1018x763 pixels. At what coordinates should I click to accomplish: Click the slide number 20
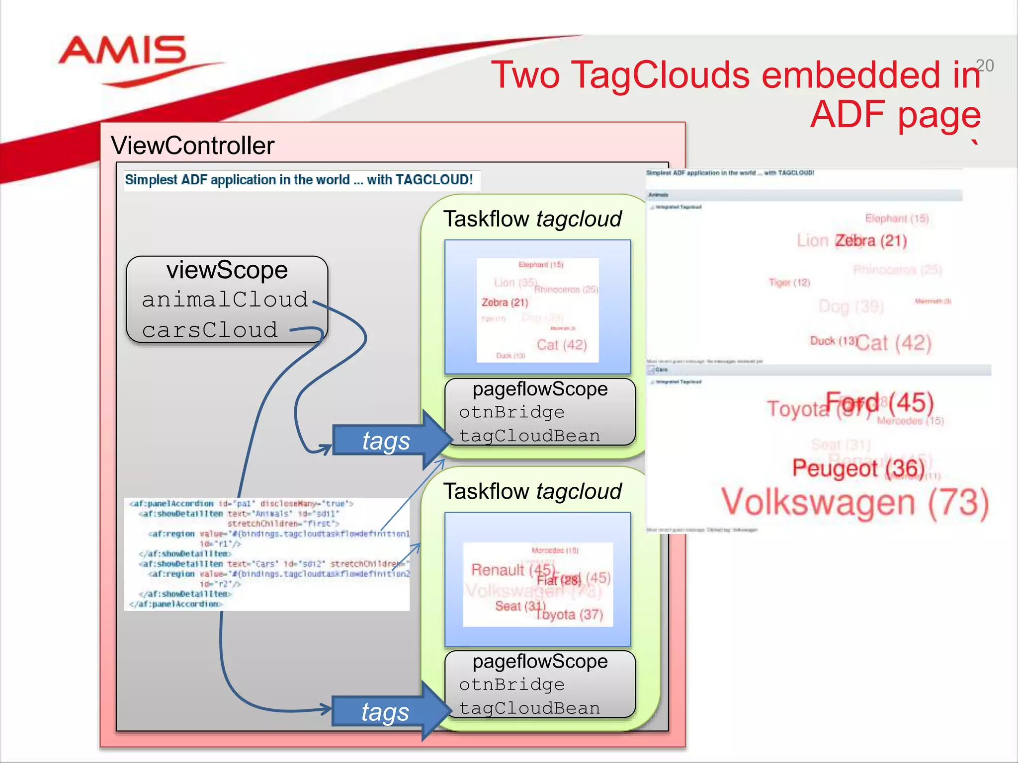pyautogui.click(x=984, y=66)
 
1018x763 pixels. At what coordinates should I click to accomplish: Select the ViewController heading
pyautogui.click(x=192, y=146)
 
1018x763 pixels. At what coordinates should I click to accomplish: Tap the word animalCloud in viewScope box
pyautogui.click(x=225, y=300)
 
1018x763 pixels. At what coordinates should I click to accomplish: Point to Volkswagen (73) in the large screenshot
pyautogui.click(x=855, y=503)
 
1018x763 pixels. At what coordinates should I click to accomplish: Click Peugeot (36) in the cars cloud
pyautogui.click(x=858, y=468)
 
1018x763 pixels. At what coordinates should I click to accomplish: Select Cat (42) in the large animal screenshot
pyautogui.click(x=894, y=343)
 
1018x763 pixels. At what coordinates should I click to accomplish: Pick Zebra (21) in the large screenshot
pyautogui.click(x=871, y=241)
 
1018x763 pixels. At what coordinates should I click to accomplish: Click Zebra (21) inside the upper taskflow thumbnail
pyautogui.click(x=505, y=303)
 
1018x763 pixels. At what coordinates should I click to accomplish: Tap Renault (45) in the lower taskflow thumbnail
pyautogui.click(x=512, y=570)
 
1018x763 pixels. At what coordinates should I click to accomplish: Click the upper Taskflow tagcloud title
pyautogui.click(x=532, y=219)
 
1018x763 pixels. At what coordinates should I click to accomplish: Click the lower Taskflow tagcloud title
pyautogui.click(x=532, y=491)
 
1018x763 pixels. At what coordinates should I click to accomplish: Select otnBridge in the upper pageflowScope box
pyautogui.click(x=511, y=412)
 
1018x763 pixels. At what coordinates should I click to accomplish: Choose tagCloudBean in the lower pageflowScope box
pyautogui.click(x=529, y=708)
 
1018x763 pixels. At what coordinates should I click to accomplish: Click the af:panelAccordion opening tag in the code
pyautogui.click(x=171, y=504)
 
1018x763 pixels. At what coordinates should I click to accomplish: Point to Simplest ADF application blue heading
pyautogui.click(x=299, y=180)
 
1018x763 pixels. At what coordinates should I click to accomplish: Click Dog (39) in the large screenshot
pyautogui.click(x=851, y=306)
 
